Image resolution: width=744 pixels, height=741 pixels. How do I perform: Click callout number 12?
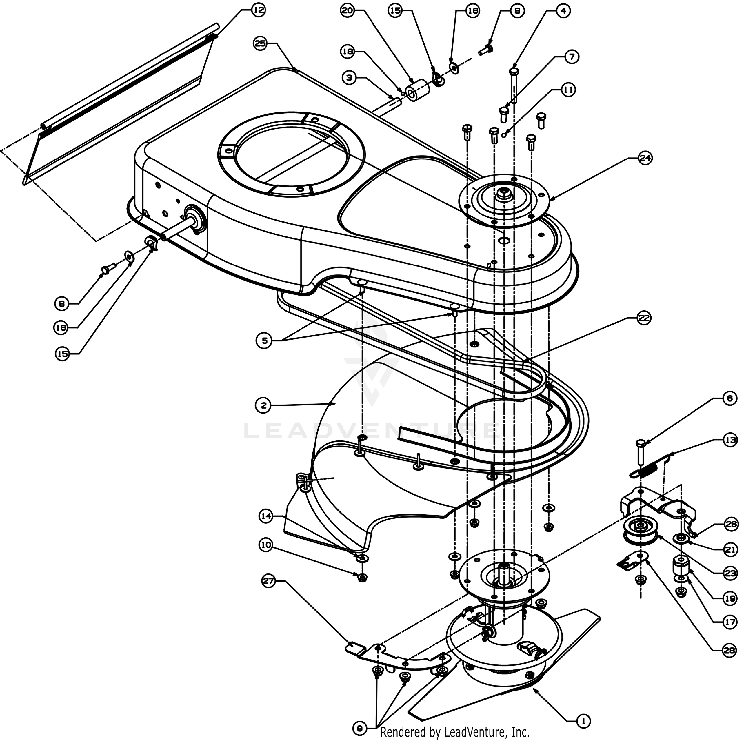click(x=259, y=10)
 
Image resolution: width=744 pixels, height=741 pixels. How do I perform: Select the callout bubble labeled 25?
click(x=260, y=43)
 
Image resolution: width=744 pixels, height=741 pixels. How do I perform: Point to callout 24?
click(x=645, y=158)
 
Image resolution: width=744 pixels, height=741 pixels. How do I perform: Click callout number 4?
click(x=563, y=11)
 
